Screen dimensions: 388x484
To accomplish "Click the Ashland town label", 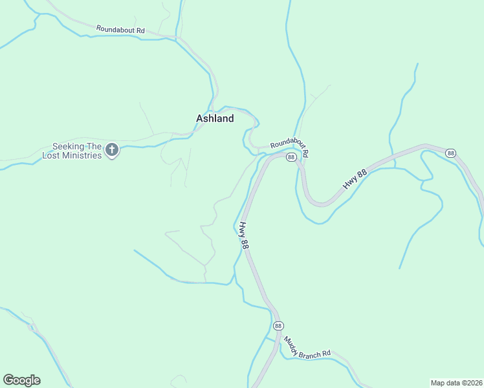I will coord(215,119).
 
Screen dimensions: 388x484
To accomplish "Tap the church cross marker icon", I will coord(112,151).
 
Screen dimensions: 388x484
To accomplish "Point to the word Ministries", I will coord(82,156).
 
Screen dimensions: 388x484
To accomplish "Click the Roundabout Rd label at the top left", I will coord(120,30).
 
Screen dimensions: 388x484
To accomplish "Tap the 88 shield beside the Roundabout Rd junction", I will coord(291,157).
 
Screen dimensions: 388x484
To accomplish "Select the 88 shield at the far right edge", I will coord(450,153).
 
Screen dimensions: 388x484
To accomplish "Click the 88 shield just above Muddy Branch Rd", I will coord(278,325).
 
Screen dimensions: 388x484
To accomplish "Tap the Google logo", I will coord(21,380).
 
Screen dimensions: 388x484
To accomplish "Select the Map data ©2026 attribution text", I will coord(456,382).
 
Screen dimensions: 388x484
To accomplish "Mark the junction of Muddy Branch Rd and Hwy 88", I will coord(280,337).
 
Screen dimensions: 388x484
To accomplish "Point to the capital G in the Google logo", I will coord(8,380).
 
